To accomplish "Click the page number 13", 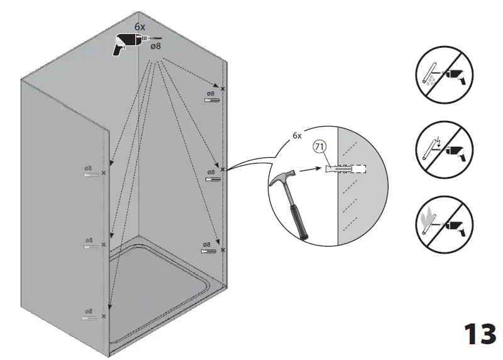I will (x=480, y=334).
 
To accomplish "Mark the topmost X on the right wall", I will (x=223, y=88).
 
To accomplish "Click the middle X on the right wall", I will (x=223, y=169).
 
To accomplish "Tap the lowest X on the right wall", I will (x=223, y=250).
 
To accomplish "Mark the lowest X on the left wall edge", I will (x=104, y=316).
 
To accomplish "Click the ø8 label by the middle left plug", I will (x=89, y=240).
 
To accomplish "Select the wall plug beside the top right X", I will (x=212, y=100).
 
